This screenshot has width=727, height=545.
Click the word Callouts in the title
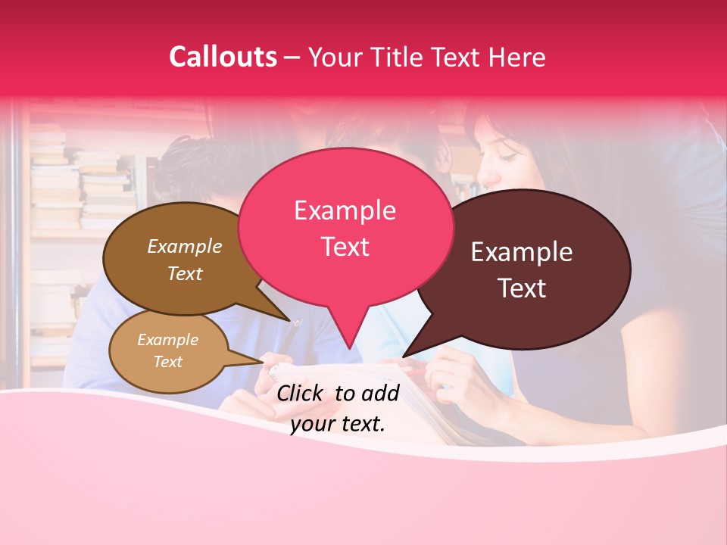pos(223,57)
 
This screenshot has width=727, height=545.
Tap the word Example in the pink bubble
pos(345,210)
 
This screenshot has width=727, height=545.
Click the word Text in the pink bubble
pos(345,246)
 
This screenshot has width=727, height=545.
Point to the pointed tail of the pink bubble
pos(349,346)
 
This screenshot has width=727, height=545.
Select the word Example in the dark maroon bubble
pos(522,252)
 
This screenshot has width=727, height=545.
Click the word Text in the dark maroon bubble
pos(522,288)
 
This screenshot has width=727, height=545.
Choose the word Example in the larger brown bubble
pos(185,246)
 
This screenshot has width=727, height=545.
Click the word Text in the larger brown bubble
pos(185,273)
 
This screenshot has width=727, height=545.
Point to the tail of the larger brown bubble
pos(285,320)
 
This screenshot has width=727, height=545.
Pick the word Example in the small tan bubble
pos(167,340)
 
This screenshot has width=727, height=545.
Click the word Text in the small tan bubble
pos(167,362)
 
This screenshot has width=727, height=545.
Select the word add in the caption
pos(381,392)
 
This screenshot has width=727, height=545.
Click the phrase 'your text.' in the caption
pos(338,423)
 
